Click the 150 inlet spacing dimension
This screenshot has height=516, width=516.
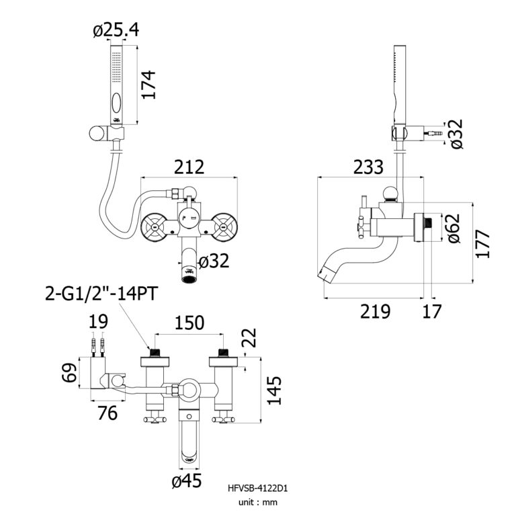tap(189, 322)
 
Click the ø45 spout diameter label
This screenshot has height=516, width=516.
tap(188, 480)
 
